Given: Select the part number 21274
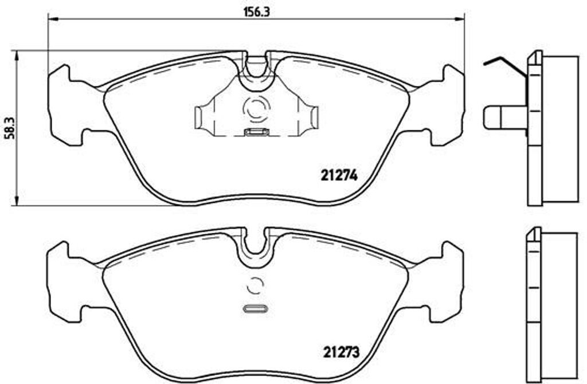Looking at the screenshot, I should click(x=338, y=177).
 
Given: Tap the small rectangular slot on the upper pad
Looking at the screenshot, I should click(x=256, y=133).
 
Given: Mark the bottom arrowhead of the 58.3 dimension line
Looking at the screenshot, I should click(x=17, y=201).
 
